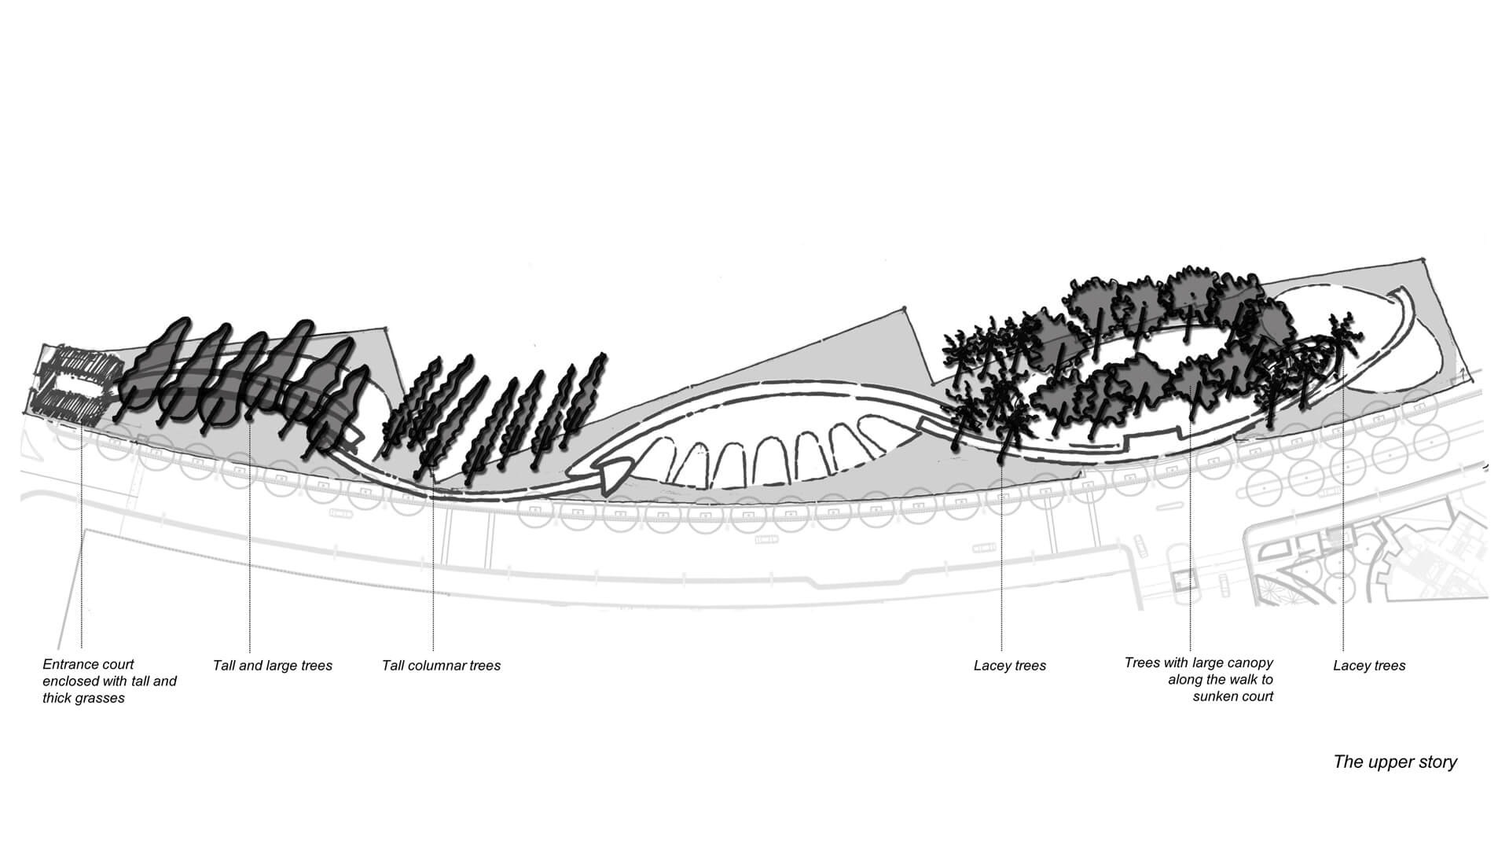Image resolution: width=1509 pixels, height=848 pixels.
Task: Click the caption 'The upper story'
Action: pyautogui.click(x=1395, y=762)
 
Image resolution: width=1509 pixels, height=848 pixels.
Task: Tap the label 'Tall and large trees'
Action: pyautogui.click(x=273, y=666)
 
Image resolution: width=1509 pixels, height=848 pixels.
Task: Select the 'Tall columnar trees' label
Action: pyautogui.click(x=441, y=666)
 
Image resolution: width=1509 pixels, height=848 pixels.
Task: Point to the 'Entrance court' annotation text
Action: pyautogui.click(x=88, y=664)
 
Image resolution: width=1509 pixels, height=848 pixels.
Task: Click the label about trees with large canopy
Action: pyautogui.click(x=1199, y=680)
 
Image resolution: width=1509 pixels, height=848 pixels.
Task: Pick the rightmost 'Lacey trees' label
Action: pyautogui.click(x=1369, y=666)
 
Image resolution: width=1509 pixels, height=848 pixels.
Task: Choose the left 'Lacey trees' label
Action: pyautogui.click(x=1010, y=666)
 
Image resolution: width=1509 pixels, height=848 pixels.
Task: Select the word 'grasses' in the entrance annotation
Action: pyautogui.click(x=101, y=699)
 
